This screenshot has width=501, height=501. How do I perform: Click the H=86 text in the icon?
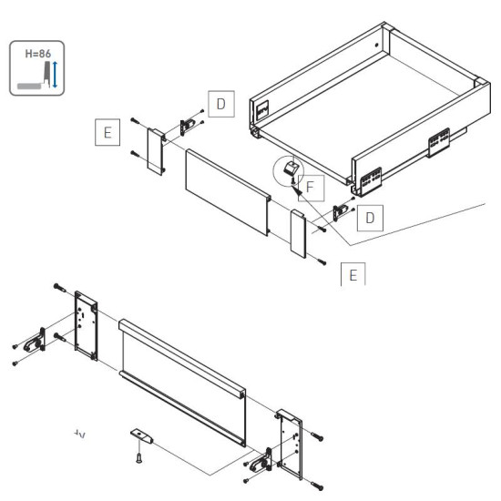(x=36, y=53)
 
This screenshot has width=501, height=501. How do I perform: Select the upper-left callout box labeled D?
(x=220, y=105)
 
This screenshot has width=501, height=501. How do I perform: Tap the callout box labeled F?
(x=310, y=189)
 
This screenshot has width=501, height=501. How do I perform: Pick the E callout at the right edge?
(x=352, y=274)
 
